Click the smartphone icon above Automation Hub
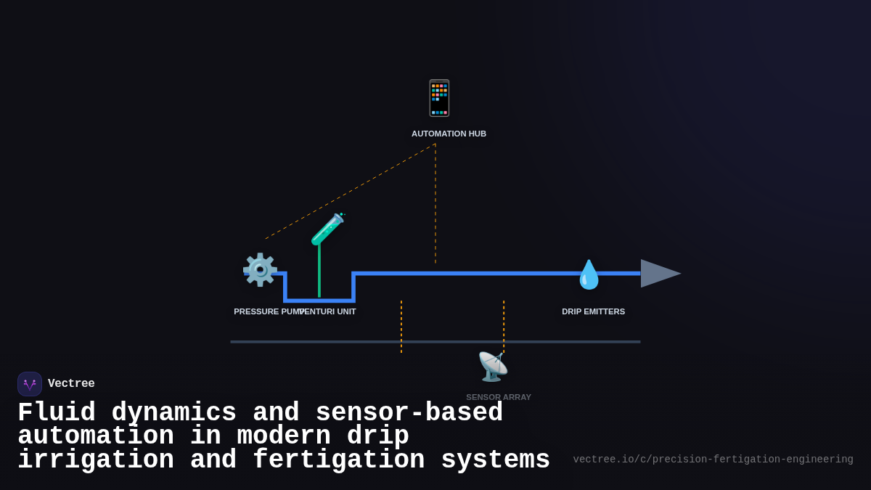coord(439,98)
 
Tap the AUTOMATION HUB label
coord(449,134)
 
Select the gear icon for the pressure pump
coord(260,270)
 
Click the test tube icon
coord(327,229)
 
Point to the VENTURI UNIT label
coord(330,311)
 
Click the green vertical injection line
coord(319,272)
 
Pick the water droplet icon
coord(589,275)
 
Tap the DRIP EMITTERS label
coord(593,311)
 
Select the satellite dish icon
coord(493,367)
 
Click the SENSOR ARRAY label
coord(499,397)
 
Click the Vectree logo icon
coord(30,384)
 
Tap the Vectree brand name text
coord(71,384)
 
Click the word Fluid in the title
coord(57,413)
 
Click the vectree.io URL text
coord(713,460)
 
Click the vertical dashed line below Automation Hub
coord(435,203)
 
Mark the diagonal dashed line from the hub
coord(351,192)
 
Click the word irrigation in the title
coord(96,460)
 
